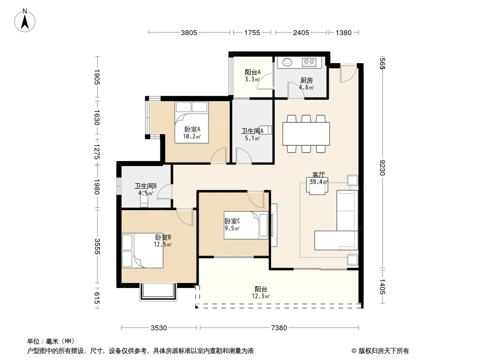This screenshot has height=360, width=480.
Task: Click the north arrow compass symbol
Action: [x=25, y=21]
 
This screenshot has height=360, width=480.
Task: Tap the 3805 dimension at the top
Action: [x=189, y=33]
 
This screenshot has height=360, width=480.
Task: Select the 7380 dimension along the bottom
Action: [x=279, y=328]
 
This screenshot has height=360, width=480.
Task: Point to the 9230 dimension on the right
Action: [x=382, y=167]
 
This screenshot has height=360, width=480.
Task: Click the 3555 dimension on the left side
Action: [x=97, y=246]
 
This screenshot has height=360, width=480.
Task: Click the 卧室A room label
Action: [x=192, y=130]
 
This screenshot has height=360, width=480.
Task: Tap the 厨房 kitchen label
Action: [x=307, y=81]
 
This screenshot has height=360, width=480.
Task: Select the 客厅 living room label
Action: [x=318, y=175]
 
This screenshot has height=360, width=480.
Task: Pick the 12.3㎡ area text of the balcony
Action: [x=261, y=296]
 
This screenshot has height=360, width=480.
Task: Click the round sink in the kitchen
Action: [x=287, y=63]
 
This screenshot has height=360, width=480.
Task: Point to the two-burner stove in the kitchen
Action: [x=309, y=62]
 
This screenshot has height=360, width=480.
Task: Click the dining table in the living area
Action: [x=306, y=134]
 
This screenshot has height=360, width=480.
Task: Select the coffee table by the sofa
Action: [x=317, y=186]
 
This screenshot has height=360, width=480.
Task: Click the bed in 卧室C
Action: [x=246, y=225]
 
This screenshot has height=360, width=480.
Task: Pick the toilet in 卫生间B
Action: [x=144, y=200]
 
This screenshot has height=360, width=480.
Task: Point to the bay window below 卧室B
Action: [x=158, y=292]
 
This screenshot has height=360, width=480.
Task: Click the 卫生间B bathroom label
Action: [x=146, y=186]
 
